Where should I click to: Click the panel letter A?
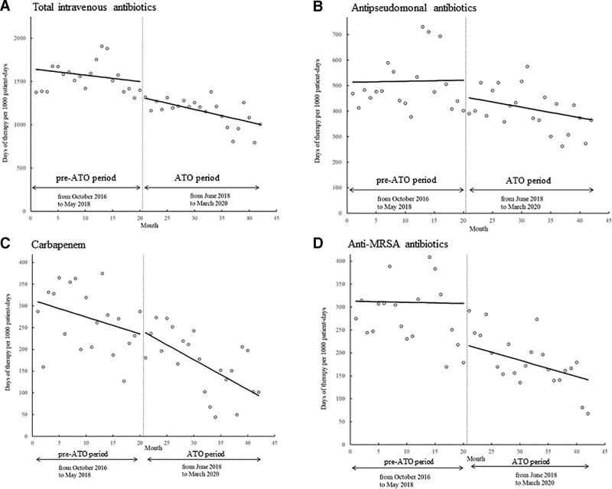[x=6, y=7]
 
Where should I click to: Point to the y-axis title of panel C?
[x=6, y=344]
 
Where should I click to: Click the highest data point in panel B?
[x=422, y=27]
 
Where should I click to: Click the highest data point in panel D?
[x=429, y=257]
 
